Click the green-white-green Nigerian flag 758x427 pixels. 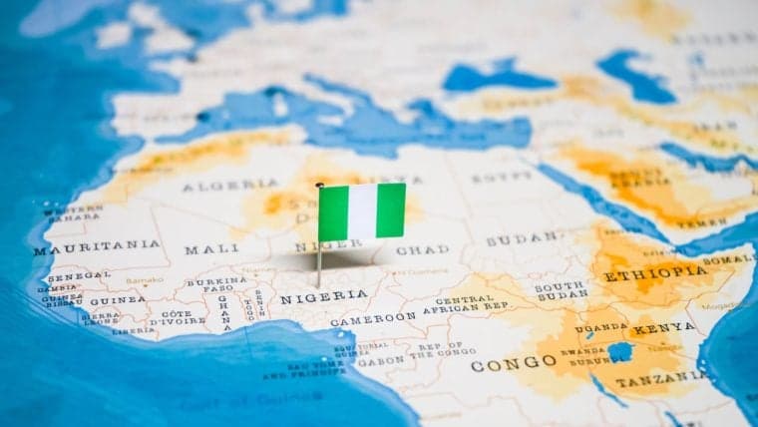[x=362, y=211]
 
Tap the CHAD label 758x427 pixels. [x=422, y=248]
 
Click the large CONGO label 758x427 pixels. [x=513, y=364]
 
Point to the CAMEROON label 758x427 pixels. [x=373, y=319]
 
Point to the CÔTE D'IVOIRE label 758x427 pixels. [x=178, y=316]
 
